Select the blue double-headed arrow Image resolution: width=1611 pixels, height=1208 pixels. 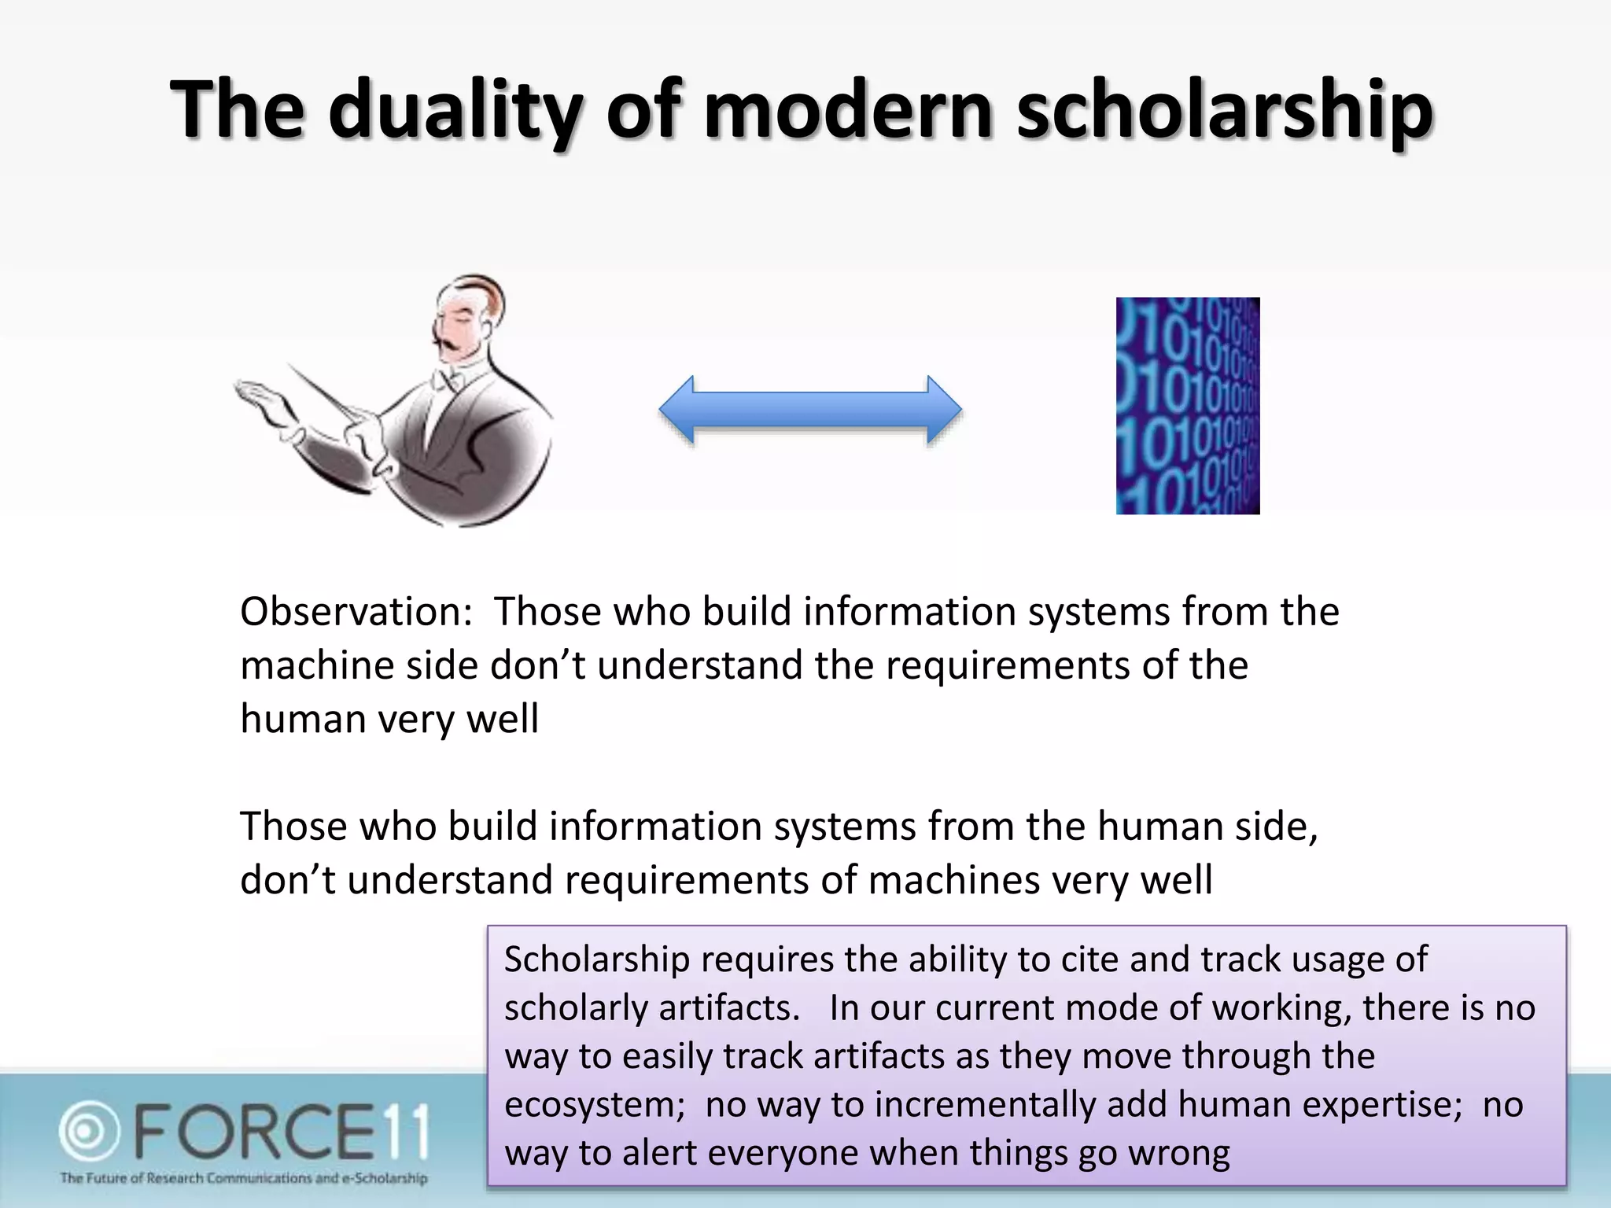pyautogui.click(x=810, y=410)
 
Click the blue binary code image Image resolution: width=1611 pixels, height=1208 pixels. pyautogui.click(x=1188, y=406)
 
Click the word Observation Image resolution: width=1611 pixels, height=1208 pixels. pyautogui.click(x=355, y=612)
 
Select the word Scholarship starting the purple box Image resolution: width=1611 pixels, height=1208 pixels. pyautogui.click(x=597, y=959)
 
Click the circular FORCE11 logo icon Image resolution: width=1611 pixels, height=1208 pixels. pyautogui.click(x=89, y=1131)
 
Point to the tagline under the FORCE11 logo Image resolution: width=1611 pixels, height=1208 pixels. pyautogui.click(x=244, y=1178)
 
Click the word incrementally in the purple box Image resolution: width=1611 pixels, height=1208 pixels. pyautogui.click(x=985, y=1105)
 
